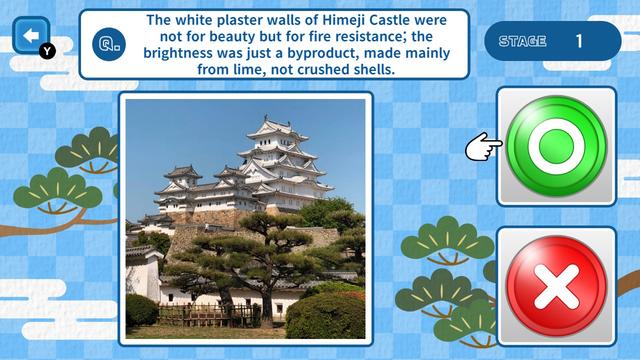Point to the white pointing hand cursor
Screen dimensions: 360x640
(483, 148)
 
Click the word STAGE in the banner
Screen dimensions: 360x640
(522, 41)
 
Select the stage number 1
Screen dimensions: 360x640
(579, 41)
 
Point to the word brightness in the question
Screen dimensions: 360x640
(184, 55)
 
